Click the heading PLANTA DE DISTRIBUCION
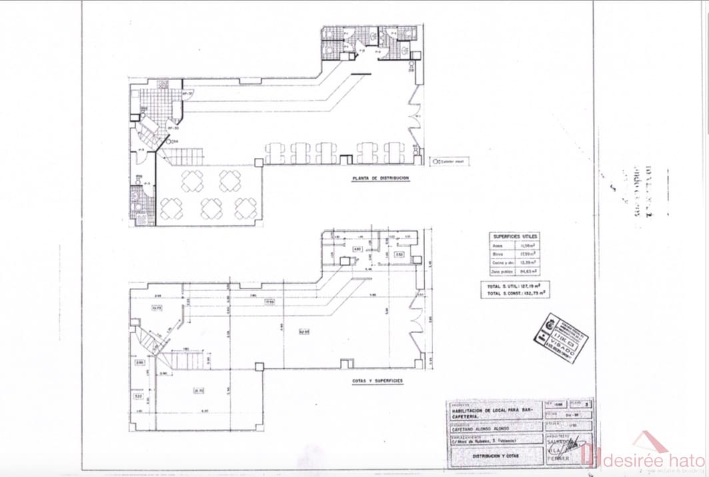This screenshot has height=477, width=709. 380,179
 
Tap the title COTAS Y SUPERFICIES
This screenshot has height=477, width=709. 377,382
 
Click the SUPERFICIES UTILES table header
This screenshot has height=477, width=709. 515,237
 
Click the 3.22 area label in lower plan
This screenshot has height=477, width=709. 139,396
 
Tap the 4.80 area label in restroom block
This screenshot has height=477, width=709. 357,249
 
